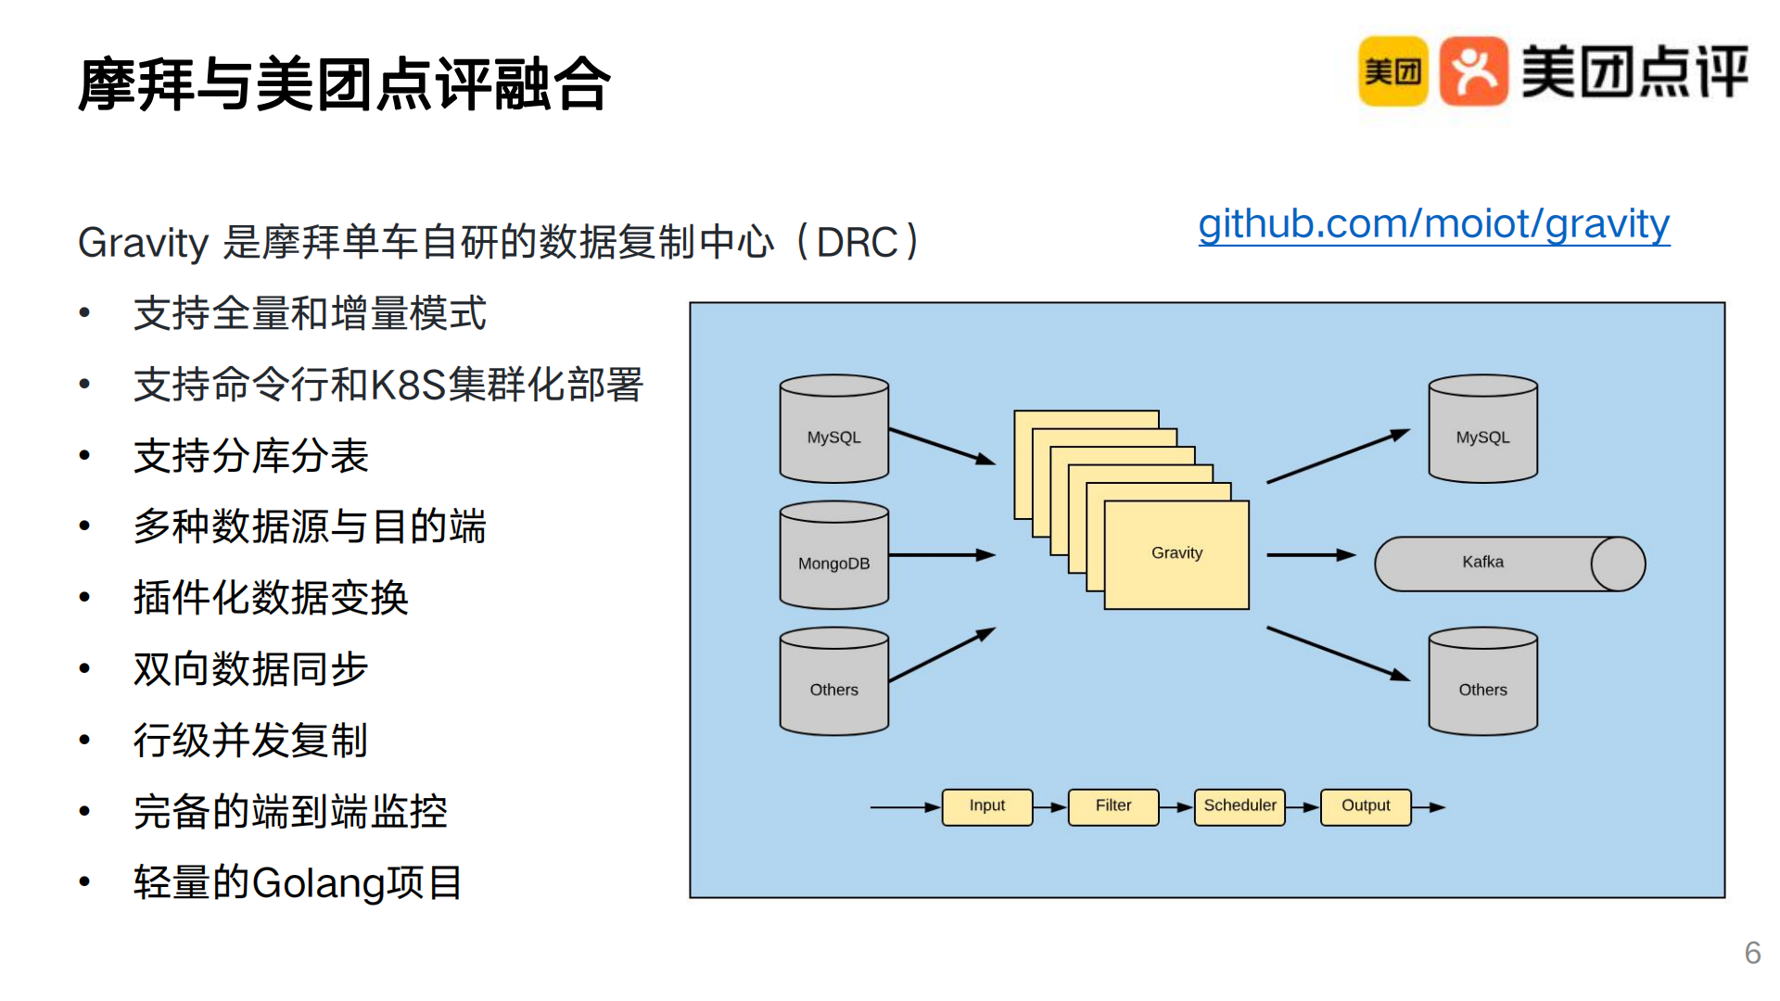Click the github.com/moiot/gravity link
(1434, 225)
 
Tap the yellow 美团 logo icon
(1392, 71)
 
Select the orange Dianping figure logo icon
(1474, 71)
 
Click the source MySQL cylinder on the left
(834, 428)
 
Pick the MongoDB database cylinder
(834, 554)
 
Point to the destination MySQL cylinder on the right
(1483, 428)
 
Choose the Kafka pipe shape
(1510, 564)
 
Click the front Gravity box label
(1176, 553)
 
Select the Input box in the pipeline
(987, 806)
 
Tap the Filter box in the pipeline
(1113, 806)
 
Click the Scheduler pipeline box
(1240, 806)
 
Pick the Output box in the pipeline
(1366, 806)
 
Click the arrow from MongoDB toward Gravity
(943, 555)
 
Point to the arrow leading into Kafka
(1312, 555)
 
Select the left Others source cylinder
(834, 681)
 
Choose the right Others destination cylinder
(1483, 681)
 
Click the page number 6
(1752, 953)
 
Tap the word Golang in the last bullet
(319, 883)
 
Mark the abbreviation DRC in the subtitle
(858, 243)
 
